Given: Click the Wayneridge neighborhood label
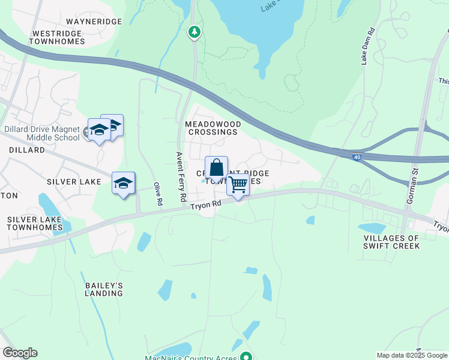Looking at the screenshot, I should (94, 22).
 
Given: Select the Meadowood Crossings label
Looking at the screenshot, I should (212, 128).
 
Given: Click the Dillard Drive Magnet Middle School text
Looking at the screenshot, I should (41, 133).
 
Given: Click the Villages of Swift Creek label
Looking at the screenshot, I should (391, 242).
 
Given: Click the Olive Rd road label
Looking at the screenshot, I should (158, 194).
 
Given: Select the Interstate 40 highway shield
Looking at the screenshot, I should (356, 156).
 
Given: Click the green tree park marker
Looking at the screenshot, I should (194, 31).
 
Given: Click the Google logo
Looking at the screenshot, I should (20, 353).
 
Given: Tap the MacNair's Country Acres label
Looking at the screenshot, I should (191, 357).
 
